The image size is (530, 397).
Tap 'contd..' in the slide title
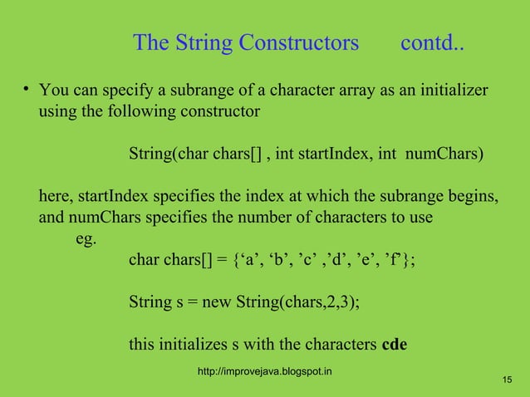[432, 43]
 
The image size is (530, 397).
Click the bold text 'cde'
[394, 345]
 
